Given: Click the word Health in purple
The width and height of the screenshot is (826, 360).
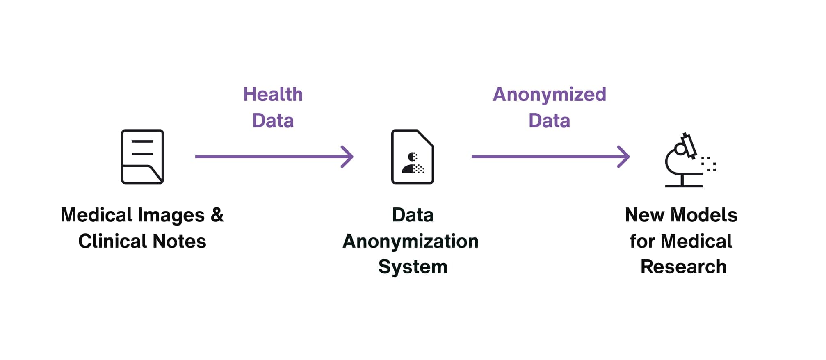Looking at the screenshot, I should click(x=273, y=94).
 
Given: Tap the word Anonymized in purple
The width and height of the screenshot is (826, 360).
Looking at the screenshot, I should click(x=549, y=94).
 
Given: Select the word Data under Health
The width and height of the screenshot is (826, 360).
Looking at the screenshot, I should click(x=273, y=121).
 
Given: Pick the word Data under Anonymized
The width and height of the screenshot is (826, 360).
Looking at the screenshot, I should click(x=549, y=121).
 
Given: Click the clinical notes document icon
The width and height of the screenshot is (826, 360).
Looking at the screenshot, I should click(x=142, y=157).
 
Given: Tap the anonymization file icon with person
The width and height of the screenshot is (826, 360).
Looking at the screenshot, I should click(x=412, y=157).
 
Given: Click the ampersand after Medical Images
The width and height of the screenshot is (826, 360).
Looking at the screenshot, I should click(x=217, y=215).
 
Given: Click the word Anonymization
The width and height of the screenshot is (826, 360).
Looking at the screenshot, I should click(x=411, y=241).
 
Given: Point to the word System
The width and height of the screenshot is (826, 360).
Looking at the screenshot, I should click(x=413, y=267).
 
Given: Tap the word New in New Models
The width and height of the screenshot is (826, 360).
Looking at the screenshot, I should click(x=644, y=215).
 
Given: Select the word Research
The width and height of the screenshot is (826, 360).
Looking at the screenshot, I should click(x=683, y=267).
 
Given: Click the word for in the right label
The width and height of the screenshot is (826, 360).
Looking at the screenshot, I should click(x=642, y=241).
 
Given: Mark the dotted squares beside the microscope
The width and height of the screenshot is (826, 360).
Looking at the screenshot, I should click(x=709, y=164).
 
